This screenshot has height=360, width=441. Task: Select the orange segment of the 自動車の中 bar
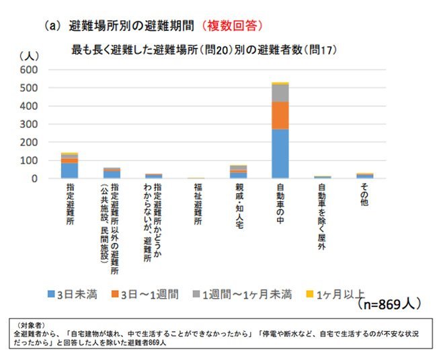tap(280, 115)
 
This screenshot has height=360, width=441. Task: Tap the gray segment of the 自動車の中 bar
tap(280, 93)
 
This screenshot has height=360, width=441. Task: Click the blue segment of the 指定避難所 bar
tap(69, 171)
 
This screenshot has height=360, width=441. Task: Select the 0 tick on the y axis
tap(35, 178)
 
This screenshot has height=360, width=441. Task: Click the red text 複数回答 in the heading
tap(233, 26)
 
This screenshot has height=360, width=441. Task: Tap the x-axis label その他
tap(364, 195)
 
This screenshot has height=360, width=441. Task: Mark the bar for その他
tap(364, 176)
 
